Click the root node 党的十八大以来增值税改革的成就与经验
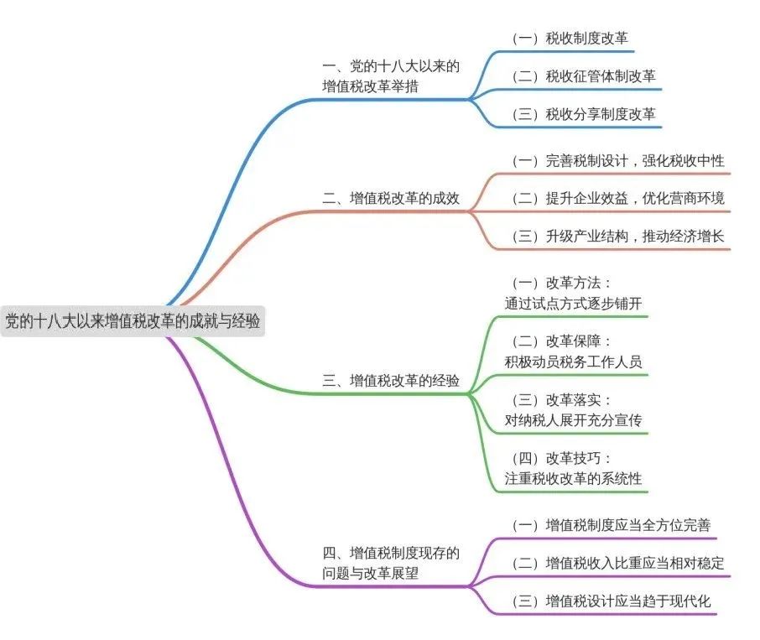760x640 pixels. coord(133,320)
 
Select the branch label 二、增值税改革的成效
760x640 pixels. coord(391,200)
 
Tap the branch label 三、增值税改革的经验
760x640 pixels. coord(391,380)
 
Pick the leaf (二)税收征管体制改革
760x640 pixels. coord(586,76)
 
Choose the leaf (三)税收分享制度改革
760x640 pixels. coord(586,114)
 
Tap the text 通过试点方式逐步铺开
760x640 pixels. coord(573,303)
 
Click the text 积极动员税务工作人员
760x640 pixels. coord(573,362)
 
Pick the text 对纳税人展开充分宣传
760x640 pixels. coord(573,420)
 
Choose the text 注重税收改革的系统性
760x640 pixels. coord(573,479)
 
